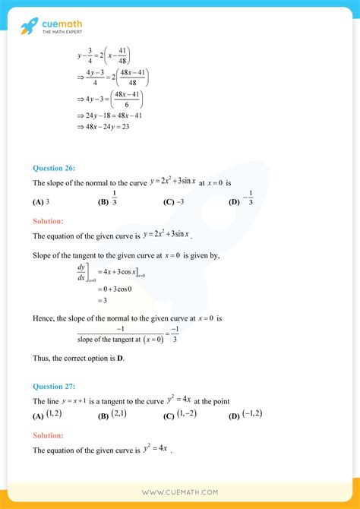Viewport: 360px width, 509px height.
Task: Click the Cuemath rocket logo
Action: pyautogui.click(x=29, y=27)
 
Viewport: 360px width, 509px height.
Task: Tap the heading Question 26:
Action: pyautogui.click(x=55, y=168)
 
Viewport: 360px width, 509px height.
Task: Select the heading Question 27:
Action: pyautogui.click(x=55, y=386)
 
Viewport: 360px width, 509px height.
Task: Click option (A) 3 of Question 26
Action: pyautogui.click(x=42, y=202)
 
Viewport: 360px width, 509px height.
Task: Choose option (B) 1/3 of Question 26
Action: pyautogui.click(x=109, y=201)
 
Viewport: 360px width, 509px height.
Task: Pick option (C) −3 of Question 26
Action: pyautogui.click(x=174, y=202)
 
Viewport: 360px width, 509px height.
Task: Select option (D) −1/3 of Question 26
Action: pyautogui.click(x=242, y=201)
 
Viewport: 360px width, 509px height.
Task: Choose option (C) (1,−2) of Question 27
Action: pyautogui.click(x=181, y=415)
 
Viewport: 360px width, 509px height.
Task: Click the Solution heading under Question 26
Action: pyautogui.click(x=48, y=221)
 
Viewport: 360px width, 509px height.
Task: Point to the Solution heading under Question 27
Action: pyautogui.click(x=48, y=435)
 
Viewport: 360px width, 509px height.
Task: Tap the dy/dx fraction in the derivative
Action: pyautogui.click(x=81, y=273)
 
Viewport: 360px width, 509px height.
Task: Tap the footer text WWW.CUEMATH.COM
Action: pyautogui.click(x=180, y=493)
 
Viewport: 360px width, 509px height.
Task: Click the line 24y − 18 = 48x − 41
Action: pyautogui.click(x=109, y=115)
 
